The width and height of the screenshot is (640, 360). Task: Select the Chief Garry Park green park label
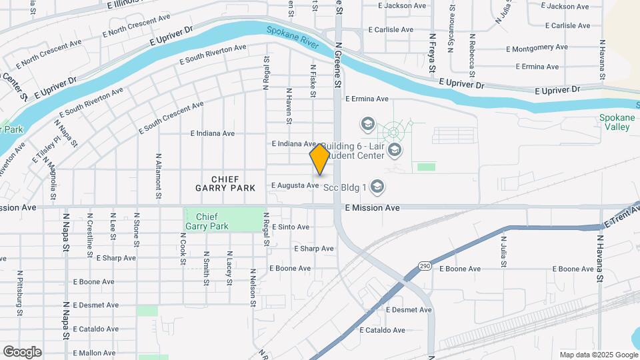pos(207,221)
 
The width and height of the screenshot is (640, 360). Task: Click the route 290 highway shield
pos(425,266)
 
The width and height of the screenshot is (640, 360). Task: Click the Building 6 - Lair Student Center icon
pos(394,149)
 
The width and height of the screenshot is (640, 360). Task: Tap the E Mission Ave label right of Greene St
pos(372,208)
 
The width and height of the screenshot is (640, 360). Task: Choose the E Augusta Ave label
pos(294,185)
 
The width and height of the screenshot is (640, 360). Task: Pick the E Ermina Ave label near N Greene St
pos(366,99)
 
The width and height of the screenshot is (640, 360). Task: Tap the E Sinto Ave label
pos(289,227)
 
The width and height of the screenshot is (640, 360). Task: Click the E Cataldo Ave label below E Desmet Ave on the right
pos(382,330)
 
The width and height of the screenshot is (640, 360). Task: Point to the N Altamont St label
pos(159,177)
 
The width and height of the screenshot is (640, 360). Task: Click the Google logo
pos(22,351)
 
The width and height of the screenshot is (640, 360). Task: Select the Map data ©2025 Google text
pos(598,355)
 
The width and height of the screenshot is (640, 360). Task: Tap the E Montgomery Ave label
pos(537,48)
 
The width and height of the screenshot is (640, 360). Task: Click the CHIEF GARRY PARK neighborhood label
pos(225,183)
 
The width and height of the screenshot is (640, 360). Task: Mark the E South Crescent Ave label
pos(171,118)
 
